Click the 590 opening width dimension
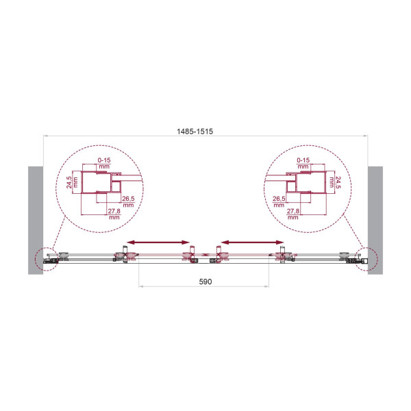(206, 282)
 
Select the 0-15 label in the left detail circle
(103, 161)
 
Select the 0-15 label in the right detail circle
(303, 161)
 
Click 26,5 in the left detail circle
(128, 200)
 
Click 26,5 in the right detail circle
(277, 200)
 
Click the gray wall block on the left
(35, 219)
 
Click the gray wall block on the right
(375, 219)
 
